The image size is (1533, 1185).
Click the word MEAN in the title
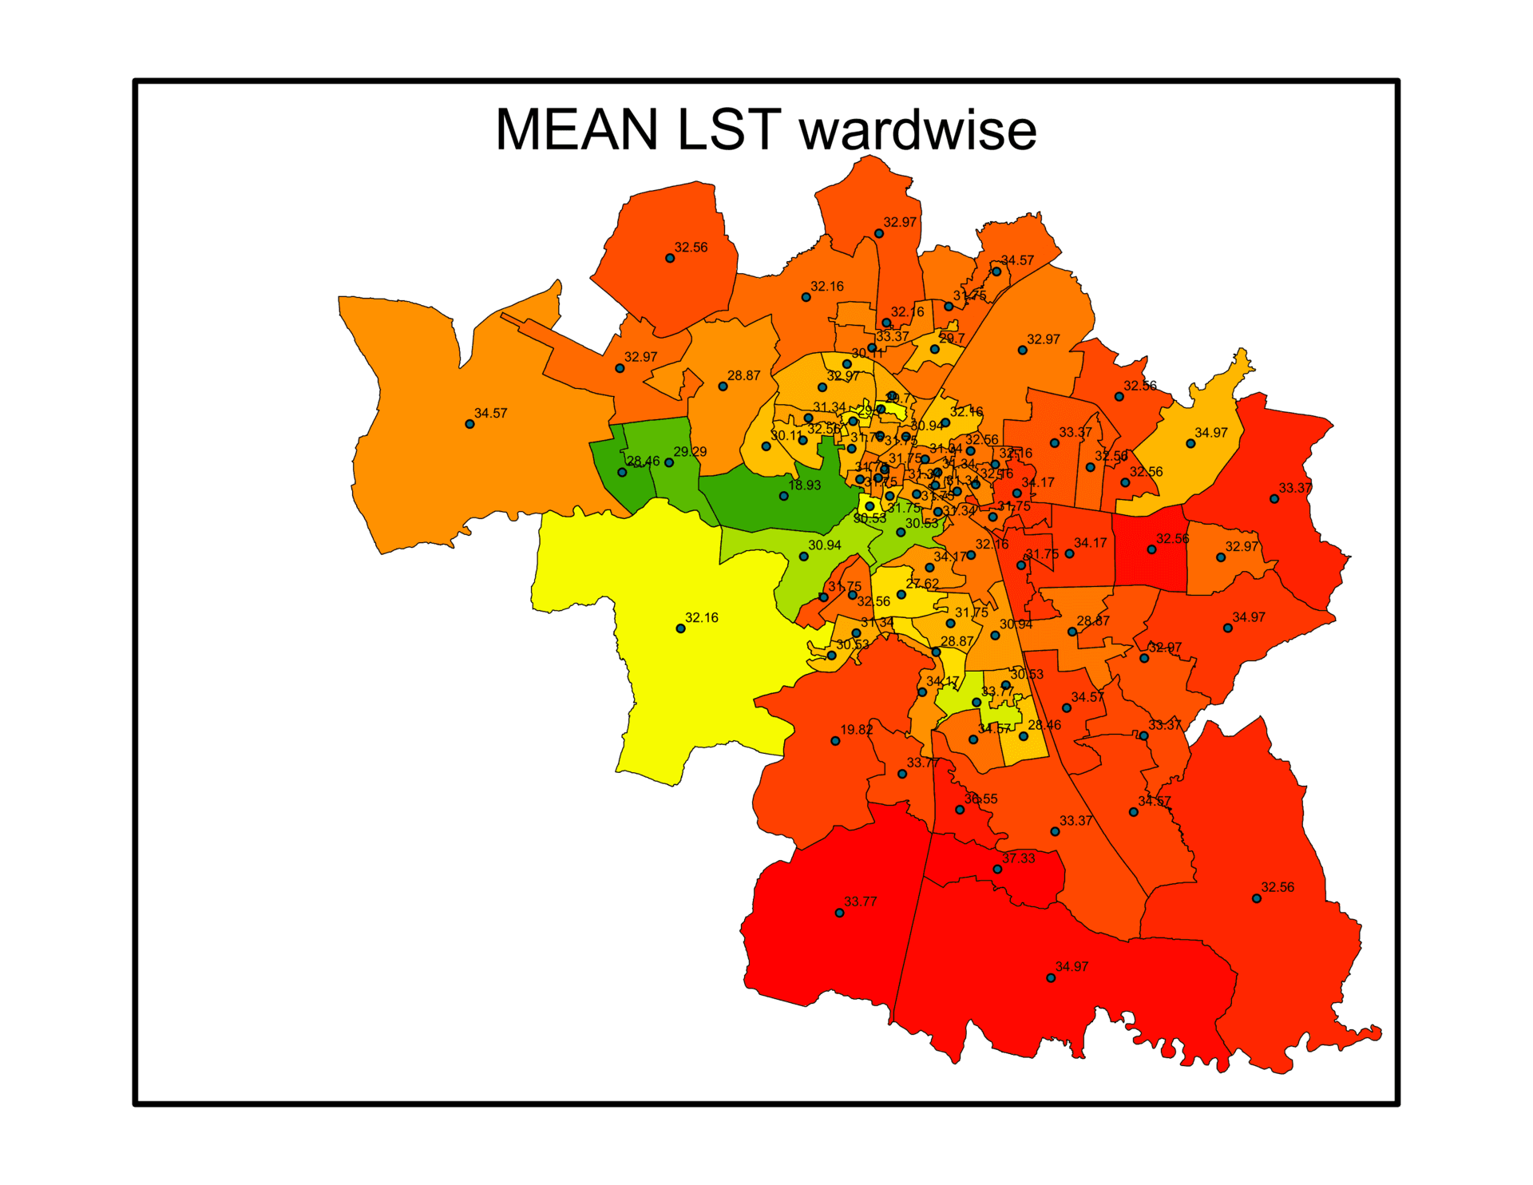[576, 129]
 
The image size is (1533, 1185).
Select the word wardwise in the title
[918, 129]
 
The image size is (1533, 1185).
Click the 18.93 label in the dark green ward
[805, 485]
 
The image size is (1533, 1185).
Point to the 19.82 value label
[857, 730]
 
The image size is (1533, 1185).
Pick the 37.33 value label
[1019, 858]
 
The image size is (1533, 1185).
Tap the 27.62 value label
[922, 584]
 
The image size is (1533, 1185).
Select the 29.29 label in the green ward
[690, 452]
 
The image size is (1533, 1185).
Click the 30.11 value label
[786, 436]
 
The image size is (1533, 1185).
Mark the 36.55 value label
[981, 799]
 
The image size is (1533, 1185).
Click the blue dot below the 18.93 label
[784, 496]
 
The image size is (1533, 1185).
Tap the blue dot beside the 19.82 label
[835, 741]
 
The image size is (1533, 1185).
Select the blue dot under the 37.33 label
[997, 869]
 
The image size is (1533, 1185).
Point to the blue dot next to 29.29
[669, 462]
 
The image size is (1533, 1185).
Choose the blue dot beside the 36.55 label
[960, 810]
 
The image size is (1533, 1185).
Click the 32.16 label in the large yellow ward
[702, 618]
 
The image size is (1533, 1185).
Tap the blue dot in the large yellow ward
[680, 628]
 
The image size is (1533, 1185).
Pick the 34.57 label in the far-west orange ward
[491, 414]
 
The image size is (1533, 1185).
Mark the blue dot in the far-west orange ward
[469, 424]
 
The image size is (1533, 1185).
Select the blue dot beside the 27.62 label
[901, 595]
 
